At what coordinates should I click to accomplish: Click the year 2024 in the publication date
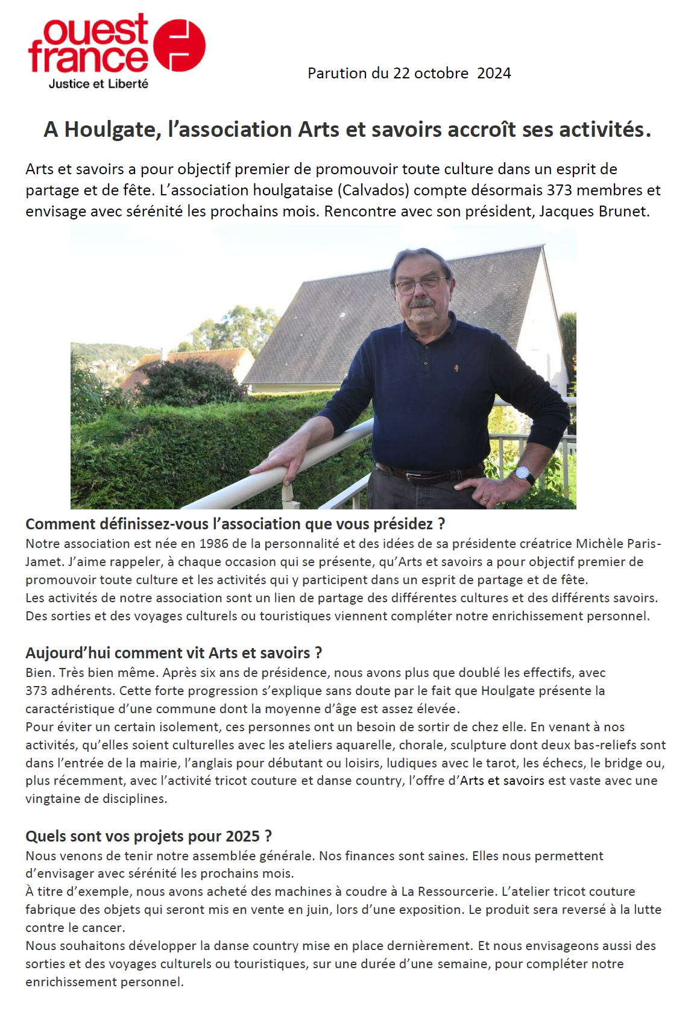494,73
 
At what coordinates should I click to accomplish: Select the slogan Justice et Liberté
98,84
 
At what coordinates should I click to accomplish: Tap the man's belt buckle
415,477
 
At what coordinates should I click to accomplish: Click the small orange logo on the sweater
456,367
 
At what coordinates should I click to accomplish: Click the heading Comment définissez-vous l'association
235,524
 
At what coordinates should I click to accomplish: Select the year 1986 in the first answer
214,543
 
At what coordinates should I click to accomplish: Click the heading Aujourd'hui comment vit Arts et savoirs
174,653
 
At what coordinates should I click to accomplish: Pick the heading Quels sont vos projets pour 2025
148,836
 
